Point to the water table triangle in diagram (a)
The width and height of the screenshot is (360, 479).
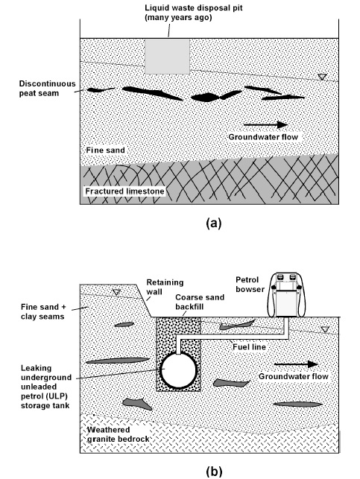click(321, 77)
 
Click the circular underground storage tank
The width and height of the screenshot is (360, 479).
click(179, 369)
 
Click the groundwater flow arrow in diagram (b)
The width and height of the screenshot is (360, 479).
click(294, 364)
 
